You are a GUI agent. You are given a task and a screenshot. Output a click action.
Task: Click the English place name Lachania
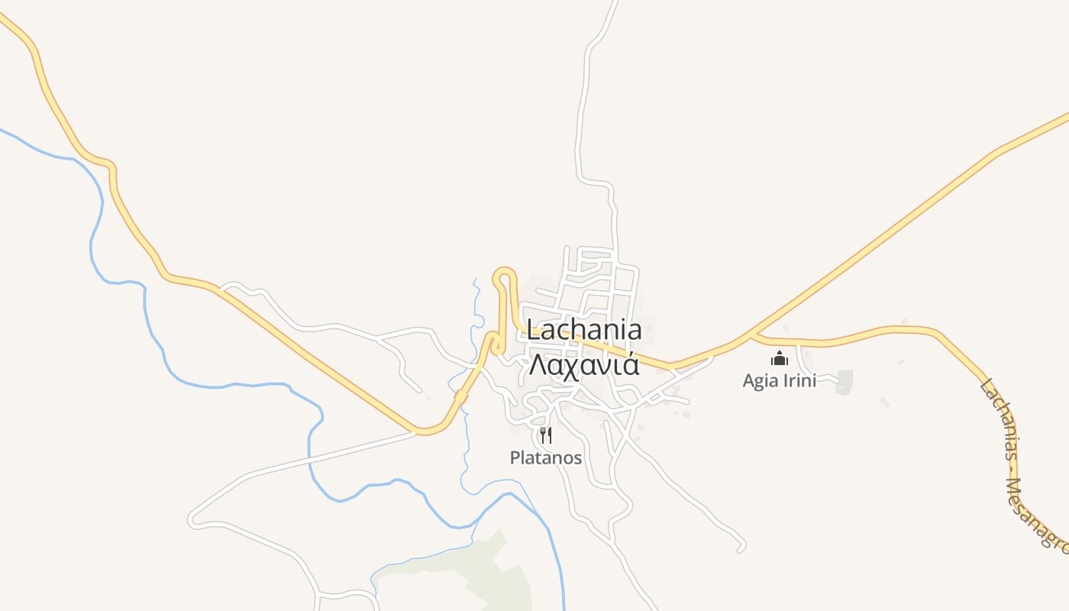pyautogui.click(x=584, y=330)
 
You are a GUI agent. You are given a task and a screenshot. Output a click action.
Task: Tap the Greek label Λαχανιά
pyautogui.click(x=584, y=364)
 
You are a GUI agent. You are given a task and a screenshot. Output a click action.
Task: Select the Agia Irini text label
pyautogui.click(x=779, y=380)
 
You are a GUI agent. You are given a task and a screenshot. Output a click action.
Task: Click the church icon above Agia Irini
pyautogui.click(x=780, y=357)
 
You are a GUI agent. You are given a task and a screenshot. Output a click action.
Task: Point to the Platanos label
pyautogui.click(x=546, y=458)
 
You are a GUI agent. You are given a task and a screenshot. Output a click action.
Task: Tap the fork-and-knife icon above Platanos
pyautogui.click(x=545, y=435)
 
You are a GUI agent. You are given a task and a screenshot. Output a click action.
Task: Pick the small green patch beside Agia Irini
pyautogui.click(x=844, y=382)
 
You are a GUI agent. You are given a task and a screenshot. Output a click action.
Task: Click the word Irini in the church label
pyautogui.click(x=799, y=380)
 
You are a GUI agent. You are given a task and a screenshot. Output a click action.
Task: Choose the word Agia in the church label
pyautogui.click(x=759, y=380)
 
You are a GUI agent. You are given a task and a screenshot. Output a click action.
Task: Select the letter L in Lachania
pyautogui.click(x=533, y=330)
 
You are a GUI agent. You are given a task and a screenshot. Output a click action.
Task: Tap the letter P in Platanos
pyautogui.click(x=515, y=458)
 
